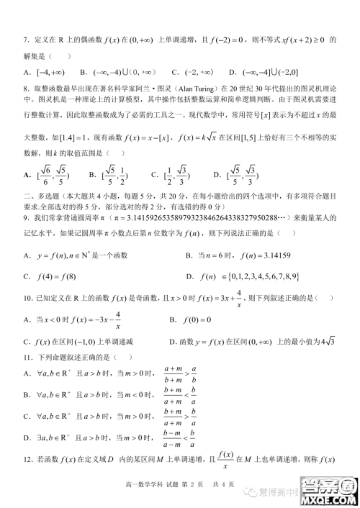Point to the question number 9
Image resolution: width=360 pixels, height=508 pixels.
(27, 217)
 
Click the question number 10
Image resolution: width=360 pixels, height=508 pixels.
(28, 297)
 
